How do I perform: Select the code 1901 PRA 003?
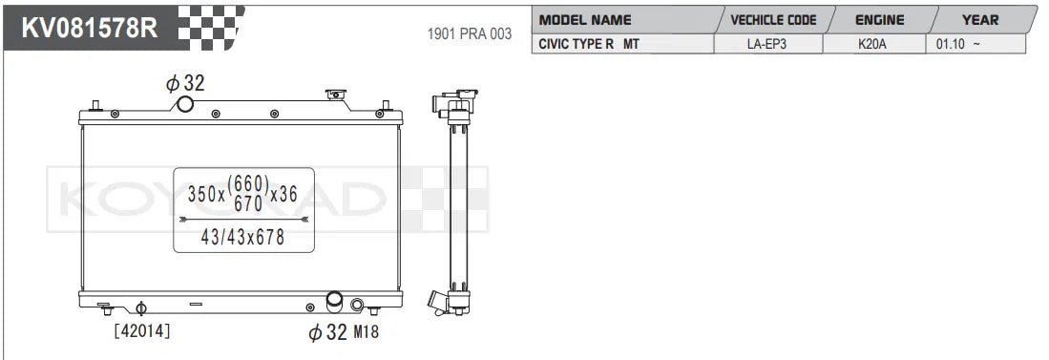point(468,33)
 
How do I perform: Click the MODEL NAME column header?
point(585,19)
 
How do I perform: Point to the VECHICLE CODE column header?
point(772,19)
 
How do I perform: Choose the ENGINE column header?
point(878,19)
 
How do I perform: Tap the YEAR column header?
point(980,19)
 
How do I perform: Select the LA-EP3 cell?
point(767,44)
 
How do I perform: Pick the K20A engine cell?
point(872,44)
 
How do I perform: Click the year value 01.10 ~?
point(958,44)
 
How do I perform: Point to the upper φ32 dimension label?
point(185,83)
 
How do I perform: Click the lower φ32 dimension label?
point(326,332)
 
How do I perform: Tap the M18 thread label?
point(366,332)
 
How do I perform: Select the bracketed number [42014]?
point(142,331)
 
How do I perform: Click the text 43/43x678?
point(242,238)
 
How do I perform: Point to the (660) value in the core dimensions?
point(251,183)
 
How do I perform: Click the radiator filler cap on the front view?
point(336,95)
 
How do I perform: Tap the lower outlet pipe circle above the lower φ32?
point(335,303)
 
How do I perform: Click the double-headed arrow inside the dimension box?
point(242,218)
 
